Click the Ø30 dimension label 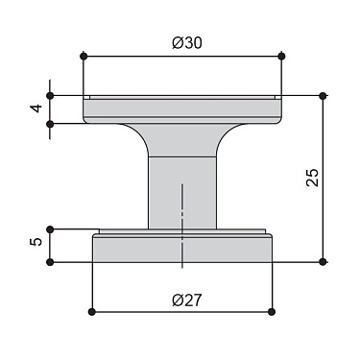pos(181,42)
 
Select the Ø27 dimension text pos(181,300)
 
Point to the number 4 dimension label pos(36,108)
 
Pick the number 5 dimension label pos(36,245)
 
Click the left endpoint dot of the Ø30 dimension pos(84,55)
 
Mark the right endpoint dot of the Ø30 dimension pos(281,55)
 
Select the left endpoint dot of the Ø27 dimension pos(91,312)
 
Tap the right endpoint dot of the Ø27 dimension pos(271,312)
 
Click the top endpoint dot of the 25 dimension pos(323,94)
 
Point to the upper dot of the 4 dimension pos(51,94)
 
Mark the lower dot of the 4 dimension pos(51,123)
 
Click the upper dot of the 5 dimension pos(51,229)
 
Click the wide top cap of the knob pos(181,109)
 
